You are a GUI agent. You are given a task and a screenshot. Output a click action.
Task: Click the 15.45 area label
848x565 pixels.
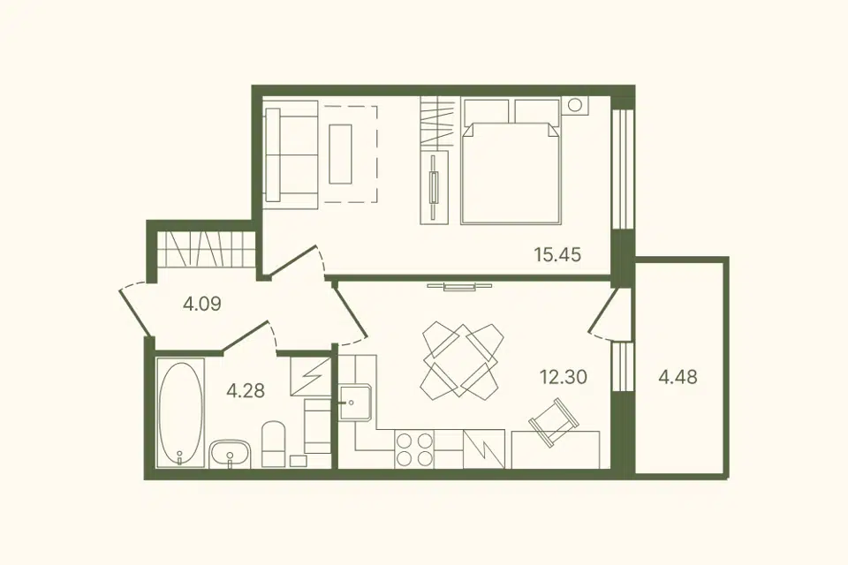coord(557,254)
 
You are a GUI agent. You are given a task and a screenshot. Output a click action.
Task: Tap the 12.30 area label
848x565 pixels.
coord(564,376)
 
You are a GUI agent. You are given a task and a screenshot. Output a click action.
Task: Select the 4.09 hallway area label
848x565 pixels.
coord(202,304)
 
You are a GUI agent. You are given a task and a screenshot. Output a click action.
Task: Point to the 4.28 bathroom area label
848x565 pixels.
coord(246,390)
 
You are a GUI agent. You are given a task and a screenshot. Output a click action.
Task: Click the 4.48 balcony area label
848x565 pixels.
coord(678,376)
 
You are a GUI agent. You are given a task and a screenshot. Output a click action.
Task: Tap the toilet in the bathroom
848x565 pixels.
coord(274,444)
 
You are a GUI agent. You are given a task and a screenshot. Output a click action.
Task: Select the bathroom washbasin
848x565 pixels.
coord(231,454)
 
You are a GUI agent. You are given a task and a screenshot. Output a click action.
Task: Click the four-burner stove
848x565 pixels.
coord(415,448)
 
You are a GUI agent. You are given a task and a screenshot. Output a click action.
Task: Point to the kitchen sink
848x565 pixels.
coord(355,403)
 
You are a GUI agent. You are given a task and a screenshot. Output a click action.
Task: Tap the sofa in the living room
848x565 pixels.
coord(292,154)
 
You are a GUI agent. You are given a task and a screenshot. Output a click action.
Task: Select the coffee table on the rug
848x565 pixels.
coord(341,154)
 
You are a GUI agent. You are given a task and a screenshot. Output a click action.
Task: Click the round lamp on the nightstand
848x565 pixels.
coord(575,104)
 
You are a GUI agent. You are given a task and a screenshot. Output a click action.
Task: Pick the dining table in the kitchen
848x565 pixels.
coord(460,358)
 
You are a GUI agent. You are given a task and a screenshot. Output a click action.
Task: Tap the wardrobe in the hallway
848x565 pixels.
coord(206,249)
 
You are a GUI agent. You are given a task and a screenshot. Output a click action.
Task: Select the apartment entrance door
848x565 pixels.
coord(133,311)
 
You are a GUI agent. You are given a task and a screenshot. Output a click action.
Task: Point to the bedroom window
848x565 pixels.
coord(623,169)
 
